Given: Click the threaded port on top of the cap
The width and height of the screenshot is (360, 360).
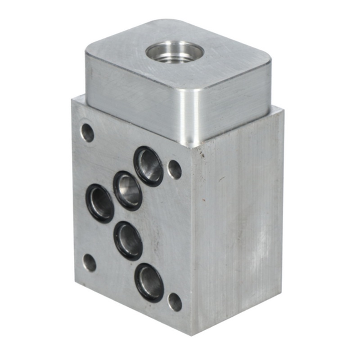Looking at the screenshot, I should point(174,51).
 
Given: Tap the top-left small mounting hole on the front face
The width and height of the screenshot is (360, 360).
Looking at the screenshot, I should point(87,132).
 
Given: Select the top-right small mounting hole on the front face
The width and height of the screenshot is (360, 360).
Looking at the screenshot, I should point(175,170).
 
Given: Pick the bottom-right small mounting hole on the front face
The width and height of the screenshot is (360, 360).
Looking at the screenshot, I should point(175,302).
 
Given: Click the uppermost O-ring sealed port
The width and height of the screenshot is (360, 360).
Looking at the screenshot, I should point(148,166).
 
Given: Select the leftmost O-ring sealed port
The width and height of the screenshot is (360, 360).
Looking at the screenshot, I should point(100,203).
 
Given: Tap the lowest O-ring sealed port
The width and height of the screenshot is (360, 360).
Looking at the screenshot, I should point(149,283).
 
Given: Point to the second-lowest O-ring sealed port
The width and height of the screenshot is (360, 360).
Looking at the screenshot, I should point(128,240).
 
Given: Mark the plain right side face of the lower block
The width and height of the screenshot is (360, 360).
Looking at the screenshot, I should point(238,225).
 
